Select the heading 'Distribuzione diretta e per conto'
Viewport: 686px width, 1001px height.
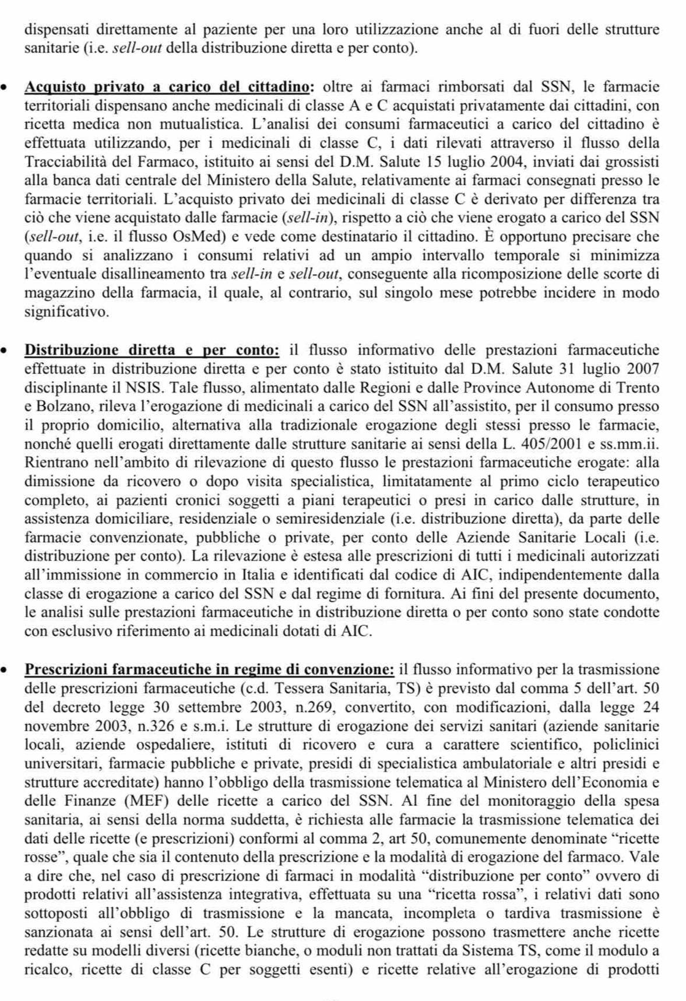pyautogui.click(x=152, y=350)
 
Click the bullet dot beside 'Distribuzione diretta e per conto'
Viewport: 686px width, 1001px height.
pyautogui.click(x=5, y=351)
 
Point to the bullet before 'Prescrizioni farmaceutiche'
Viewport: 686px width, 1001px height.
pyautogui.click(x=5, y=671)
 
